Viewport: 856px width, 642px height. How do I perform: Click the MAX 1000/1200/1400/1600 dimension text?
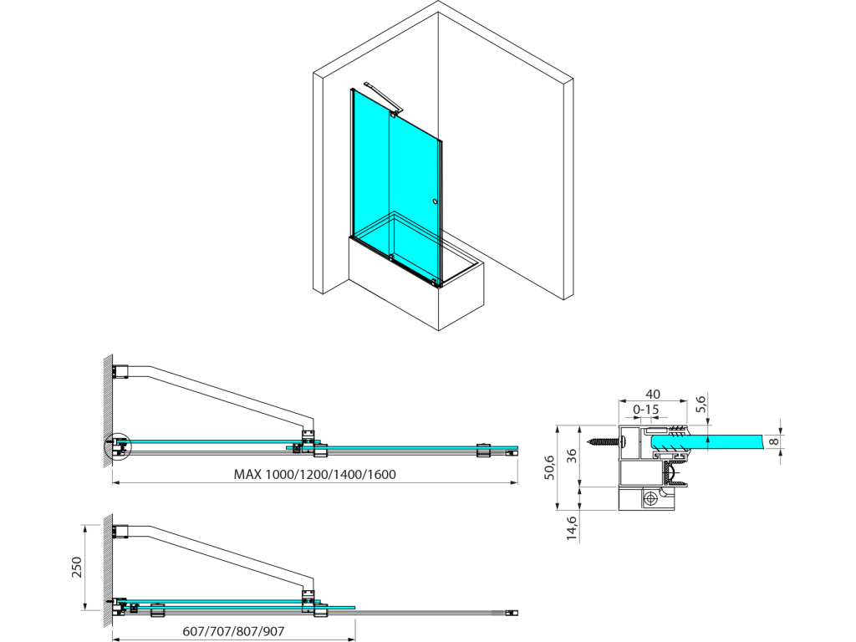click(314, 475)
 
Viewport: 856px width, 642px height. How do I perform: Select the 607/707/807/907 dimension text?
click(233, 632)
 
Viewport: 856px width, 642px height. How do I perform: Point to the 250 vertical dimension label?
click(76, 567)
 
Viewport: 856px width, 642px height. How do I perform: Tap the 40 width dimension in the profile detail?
click(653, 394)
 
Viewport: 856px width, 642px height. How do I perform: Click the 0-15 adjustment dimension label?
click(646, 410)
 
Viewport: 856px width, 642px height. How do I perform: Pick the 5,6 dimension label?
click(701, 404)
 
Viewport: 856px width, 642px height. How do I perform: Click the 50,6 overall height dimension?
click(549, 467)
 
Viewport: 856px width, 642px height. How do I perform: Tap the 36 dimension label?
click(571, 456)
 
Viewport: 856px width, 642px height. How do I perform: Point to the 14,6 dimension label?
click(571, 528)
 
